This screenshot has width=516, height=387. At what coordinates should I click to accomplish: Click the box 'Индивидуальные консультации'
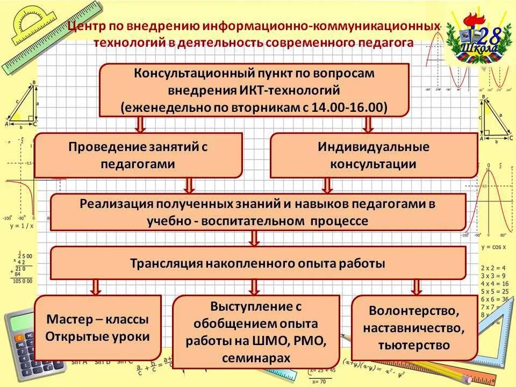(374, 155)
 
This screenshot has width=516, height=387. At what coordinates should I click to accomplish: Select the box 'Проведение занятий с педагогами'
(138, 155)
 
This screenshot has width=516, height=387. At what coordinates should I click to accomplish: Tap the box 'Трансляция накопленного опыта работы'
(258, 263)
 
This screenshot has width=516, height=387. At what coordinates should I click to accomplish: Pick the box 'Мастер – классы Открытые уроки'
(97, 328)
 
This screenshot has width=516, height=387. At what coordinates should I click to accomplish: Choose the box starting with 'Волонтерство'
(414, 328)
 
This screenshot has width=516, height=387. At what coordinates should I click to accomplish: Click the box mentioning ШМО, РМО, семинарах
(256, 332)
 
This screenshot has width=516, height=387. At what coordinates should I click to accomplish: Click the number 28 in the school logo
(490, 36)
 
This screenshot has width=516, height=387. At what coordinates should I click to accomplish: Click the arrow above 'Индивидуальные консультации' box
(368, 124)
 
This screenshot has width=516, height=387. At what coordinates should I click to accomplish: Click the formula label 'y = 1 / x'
(21, 226)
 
